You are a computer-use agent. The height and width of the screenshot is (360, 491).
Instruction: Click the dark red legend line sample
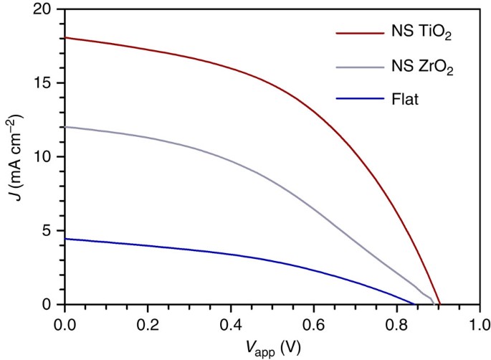click(x=361, y=32)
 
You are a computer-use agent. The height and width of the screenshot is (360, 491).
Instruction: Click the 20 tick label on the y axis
click(x=44, y=9)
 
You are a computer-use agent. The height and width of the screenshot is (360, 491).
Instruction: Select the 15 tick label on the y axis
click(x=44, y=83)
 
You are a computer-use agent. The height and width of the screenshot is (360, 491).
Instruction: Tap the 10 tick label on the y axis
click(x=44, y=157)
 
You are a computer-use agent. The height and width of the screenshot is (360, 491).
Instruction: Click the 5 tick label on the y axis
click(x=48, y=231)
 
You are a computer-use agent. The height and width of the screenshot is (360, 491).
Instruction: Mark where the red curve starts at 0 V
click(x=65, y=37)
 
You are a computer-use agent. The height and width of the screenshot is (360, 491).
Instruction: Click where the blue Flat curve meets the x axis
click(x=414, y=304)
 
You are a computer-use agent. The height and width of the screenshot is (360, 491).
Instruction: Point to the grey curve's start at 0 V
click(x=65, y=127)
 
